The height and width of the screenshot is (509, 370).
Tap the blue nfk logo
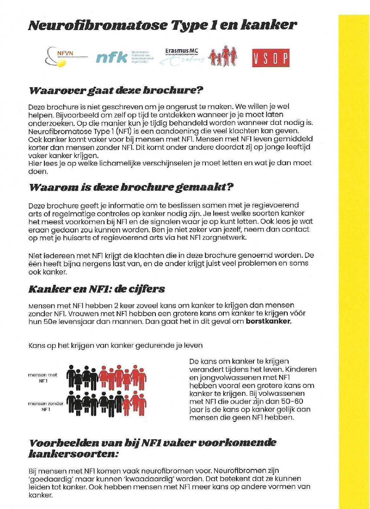(112, 57)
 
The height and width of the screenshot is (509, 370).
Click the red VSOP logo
(270, 57)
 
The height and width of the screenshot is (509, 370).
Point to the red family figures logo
(222, 57)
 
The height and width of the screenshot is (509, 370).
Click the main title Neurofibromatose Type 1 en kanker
(162, 25)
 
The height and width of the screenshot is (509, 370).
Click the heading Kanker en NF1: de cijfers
(97, 289)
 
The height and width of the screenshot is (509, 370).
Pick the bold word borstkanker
(269, 322)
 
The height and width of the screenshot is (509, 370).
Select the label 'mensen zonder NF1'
(45, 406)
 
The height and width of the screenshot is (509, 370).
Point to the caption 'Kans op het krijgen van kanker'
(115, 346)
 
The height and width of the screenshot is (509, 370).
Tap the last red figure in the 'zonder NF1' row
(141, 405)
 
